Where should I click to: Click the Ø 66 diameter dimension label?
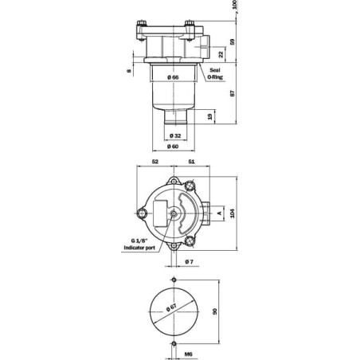click(x=173, y=77)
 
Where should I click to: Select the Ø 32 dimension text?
click(x=175, y=135)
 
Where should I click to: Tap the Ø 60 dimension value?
click(x=173, y=147)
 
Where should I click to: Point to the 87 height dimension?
click(x=233, y=93)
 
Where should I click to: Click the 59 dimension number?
click(x=233, y=41)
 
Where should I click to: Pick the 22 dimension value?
click(x=221, y=54)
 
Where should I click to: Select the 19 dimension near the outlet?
click(x=210, y=116)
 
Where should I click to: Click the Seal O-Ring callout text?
click(x=215, y=73)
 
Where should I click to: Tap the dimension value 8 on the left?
click(x=129, y=71)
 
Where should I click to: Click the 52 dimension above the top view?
click(x=155, y=162)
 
